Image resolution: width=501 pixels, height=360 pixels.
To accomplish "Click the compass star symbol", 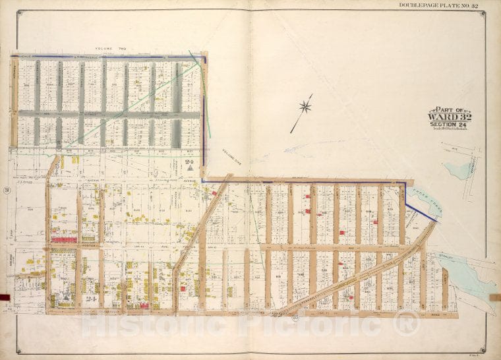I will pos(305,105).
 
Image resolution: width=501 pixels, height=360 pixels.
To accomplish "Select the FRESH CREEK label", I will pos(422,201).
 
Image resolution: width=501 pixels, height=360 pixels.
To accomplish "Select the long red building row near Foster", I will pos(64,239).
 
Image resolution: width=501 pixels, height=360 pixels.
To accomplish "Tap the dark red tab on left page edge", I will pos(5,297).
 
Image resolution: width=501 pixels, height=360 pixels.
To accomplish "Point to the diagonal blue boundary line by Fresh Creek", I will pos(421,212).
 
